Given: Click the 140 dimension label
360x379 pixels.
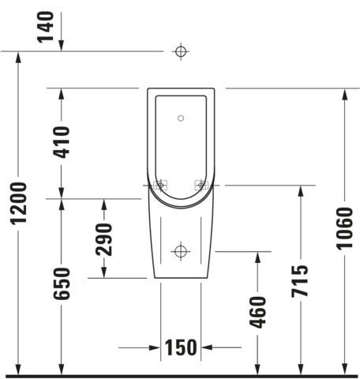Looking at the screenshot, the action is (46, 27).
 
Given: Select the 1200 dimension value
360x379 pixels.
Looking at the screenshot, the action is (18, 204).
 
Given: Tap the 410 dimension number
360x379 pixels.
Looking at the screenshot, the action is (62, 142).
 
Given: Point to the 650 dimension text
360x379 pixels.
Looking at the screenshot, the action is (62, 283).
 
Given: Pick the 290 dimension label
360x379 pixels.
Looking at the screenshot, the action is (103, 239).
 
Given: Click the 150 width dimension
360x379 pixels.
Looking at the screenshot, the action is (181, 347).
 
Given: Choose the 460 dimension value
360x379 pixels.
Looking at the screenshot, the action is (257, 313).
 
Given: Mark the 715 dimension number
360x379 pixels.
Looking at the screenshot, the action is (300, 281).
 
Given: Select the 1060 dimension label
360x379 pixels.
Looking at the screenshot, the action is (344, 228).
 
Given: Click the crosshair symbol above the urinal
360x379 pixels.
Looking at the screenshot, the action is (181, 51).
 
